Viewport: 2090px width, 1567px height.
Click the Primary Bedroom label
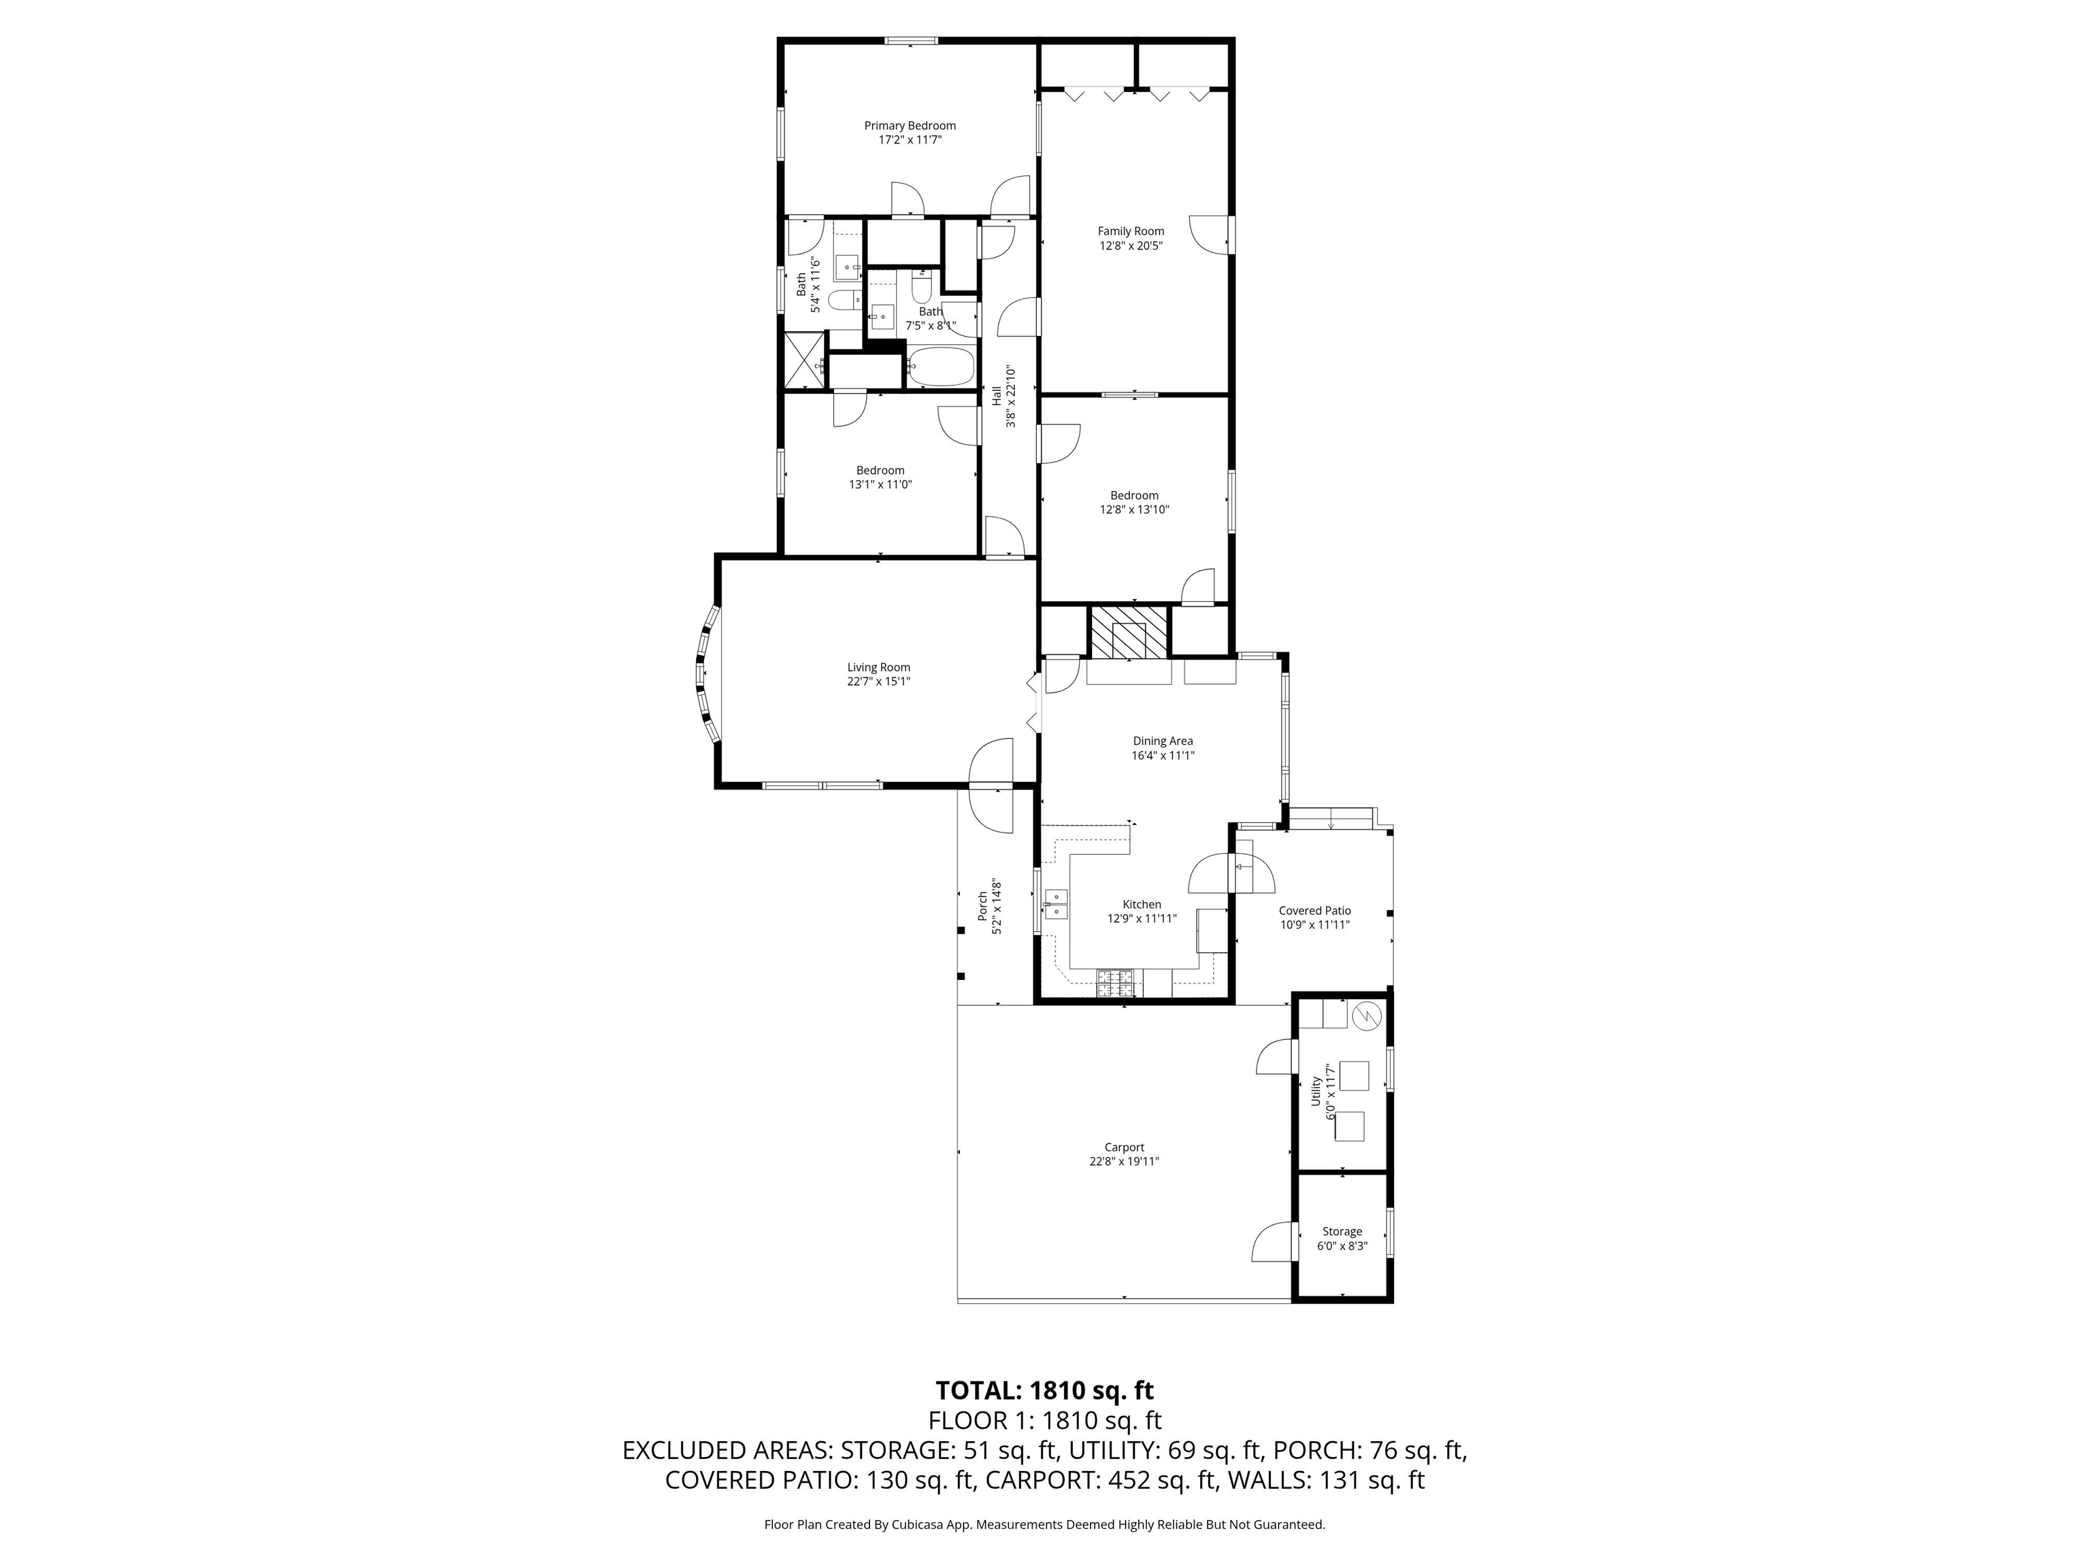(x=910, y=126)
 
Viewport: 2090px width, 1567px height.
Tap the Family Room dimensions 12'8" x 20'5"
(x=1130, y=246)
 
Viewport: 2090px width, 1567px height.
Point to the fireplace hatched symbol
(x=1129, y=632)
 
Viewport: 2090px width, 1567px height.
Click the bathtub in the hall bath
(x=940, y=367)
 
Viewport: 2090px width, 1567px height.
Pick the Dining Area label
(x=1163, y=741)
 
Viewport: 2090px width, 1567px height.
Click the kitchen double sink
(x=1055, y=904)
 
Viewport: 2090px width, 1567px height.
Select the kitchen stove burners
(x=1120, y=984)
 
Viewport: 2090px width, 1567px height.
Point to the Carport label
(x=1125, y=1147)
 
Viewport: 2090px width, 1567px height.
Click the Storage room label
(x=1342, y=1232)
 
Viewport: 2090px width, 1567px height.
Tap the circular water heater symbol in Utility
(x=1367, y=1015)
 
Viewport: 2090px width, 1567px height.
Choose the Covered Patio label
(x=1314, y=911)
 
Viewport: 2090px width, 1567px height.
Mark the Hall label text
(x=996, y=396)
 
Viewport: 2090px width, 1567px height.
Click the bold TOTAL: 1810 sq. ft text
(x=1044, y=1390)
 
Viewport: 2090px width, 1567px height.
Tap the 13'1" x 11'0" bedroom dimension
(x=880, y=484)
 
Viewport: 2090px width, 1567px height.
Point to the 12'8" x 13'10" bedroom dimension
(x=1134, y=509)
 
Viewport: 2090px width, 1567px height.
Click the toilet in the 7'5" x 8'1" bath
(x=922, y=287)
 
